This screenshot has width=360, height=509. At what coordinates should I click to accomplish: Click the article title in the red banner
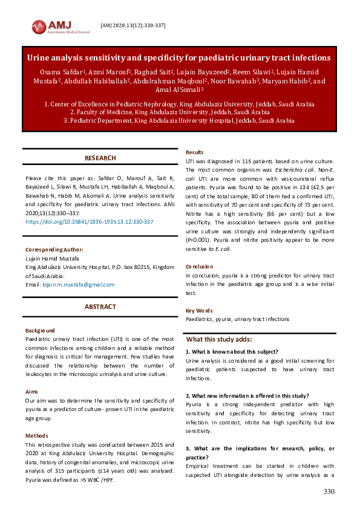pos(179,58)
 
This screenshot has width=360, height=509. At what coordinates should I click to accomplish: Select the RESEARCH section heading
pos(100,158)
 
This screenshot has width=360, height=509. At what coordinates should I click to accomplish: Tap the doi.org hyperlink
pos(89,222)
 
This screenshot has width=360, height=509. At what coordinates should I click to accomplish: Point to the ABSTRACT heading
pos(100,307)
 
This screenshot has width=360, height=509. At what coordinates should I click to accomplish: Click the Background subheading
pos(40,331)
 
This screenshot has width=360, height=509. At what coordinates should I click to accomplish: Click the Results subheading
pos(194,152)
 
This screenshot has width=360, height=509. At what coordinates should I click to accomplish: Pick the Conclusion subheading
pos(199,266)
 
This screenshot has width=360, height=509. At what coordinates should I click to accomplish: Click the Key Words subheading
pos(198,311)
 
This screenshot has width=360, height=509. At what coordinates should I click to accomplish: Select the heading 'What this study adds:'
pos(218,340)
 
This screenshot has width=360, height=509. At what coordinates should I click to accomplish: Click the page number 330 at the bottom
pos(329,492)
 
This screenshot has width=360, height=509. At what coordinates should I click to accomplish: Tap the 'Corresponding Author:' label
pos(54,250)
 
